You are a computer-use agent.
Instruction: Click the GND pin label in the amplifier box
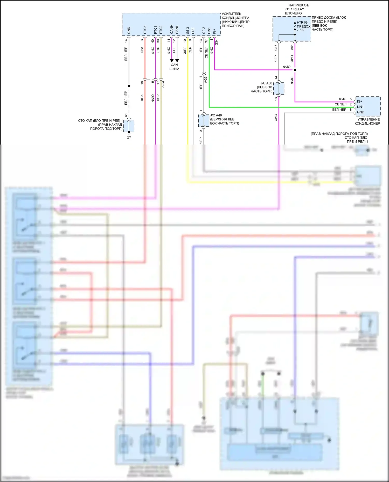pos(129,31)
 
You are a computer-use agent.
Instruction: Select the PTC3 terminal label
pos(145,30)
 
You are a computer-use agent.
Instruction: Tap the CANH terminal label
pos(172,30)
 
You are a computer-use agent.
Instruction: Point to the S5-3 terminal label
pos(188,31)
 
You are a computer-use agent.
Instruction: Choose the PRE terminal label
pos(193,31)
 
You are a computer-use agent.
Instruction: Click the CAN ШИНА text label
pos(174,67)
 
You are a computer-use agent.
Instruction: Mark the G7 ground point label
pos(129,138)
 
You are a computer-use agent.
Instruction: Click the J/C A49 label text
pos(216,115)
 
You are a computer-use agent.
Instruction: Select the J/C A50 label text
pos(266,83)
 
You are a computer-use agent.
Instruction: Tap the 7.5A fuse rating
pos(300,30)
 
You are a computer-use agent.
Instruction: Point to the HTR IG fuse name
pos(302,23)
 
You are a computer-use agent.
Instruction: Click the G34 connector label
pos(217,42)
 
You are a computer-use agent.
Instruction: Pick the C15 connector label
pos(276,47)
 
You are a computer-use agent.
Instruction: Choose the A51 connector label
pos(292,47)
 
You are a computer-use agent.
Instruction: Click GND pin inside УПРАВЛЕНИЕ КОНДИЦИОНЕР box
pos(361,112)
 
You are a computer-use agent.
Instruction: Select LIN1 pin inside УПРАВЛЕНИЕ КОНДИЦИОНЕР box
pos(360,107)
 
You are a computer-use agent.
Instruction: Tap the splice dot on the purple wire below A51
pos(295,70)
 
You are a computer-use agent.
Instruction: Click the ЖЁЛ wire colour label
pos(185,50)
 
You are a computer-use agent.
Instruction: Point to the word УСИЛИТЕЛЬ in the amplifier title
pos(231,14)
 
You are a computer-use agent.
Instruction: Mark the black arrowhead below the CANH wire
pos(172,61)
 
